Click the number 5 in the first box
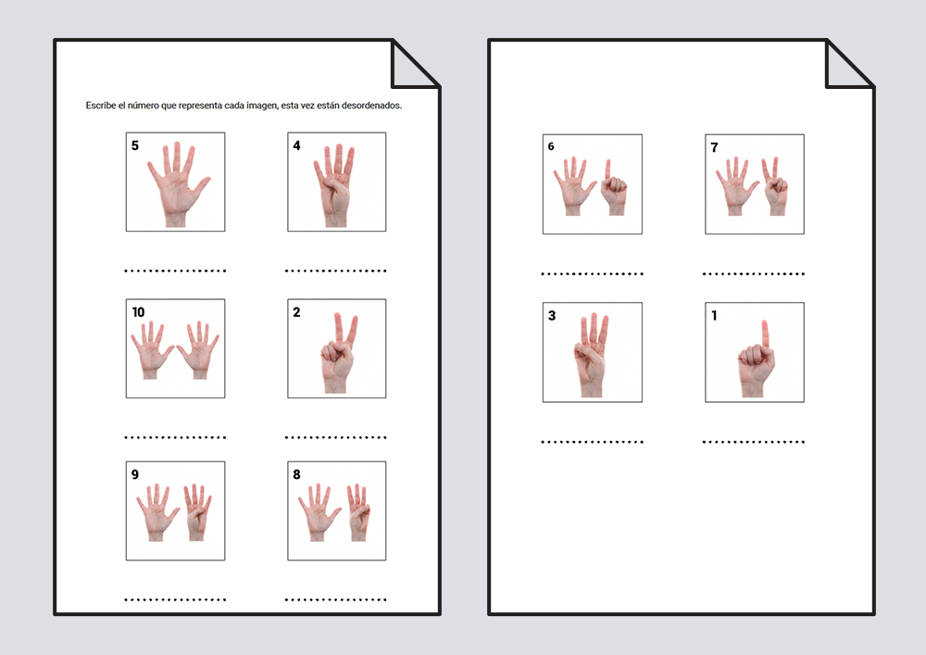(134, 145)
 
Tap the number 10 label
(138, 312)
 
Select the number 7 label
(714, 147)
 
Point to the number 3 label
(552, 315)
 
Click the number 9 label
(134, 474)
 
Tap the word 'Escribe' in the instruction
(101, 106)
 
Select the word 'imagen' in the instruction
(262, 106)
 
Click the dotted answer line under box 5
(175, 271)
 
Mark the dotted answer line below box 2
(335, 437)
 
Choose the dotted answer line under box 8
(335, 600)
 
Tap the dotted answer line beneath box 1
(754, 442)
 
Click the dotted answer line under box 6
(593, 274)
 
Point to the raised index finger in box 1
(766, 334)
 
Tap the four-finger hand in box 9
(196, 511)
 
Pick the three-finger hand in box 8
(358, 511)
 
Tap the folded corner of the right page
(848, 64)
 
